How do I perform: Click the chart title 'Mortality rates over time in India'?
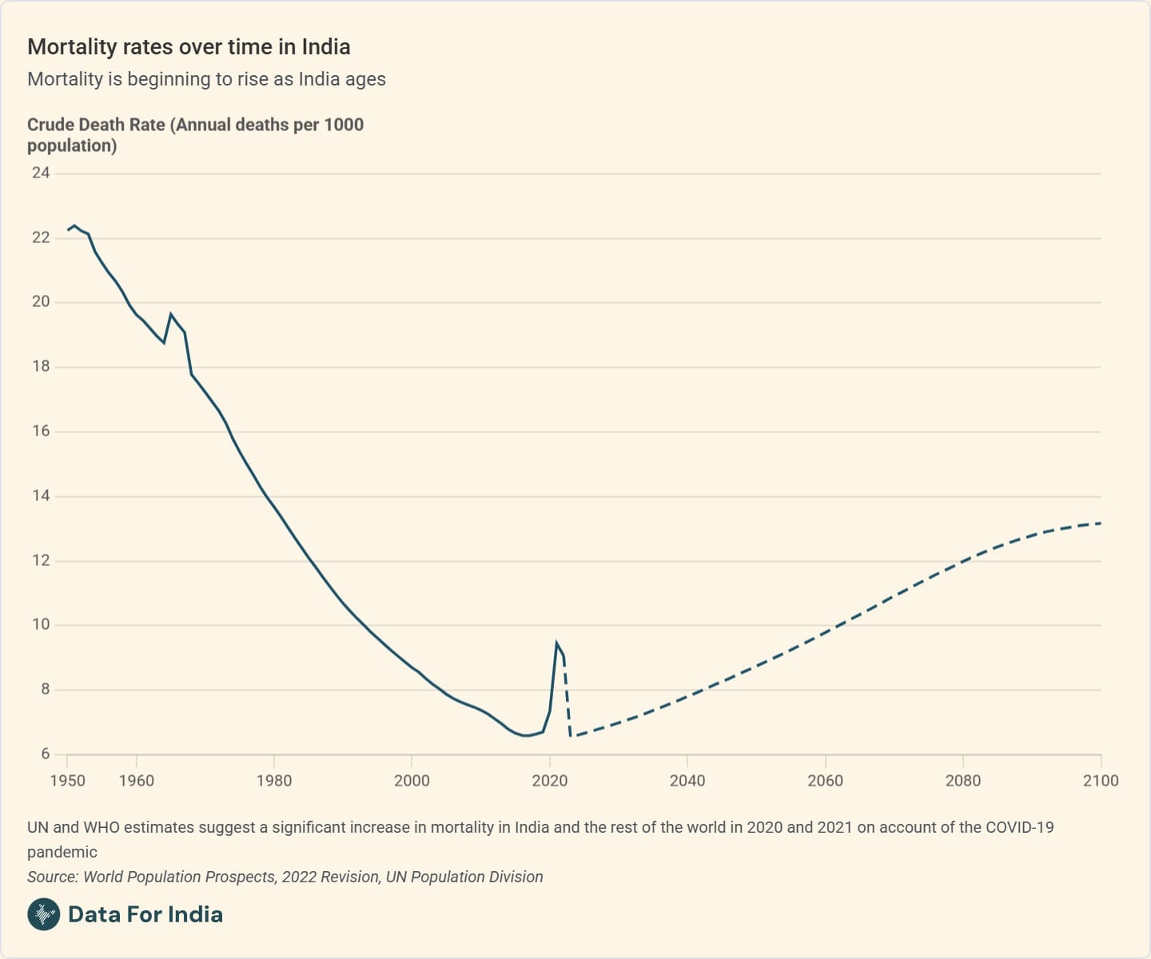[x=189, y=47]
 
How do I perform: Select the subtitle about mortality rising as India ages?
[x=206, y=79]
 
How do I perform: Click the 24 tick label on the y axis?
[x=40, y=173]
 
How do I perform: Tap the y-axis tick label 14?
[x=40, y=495]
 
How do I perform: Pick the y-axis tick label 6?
[x=45, y=754]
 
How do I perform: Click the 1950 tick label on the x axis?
[x=67, y=781]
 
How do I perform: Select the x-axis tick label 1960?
[x=136, y=781]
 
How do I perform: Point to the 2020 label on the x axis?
[x=549, y=781]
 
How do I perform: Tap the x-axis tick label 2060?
[x=825, y=781]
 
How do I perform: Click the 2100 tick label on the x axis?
[x=1100, y=781]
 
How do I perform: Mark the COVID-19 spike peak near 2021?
[x=556, y=643]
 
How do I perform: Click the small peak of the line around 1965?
[x=170, y=314]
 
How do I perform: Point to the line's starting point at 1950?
[x=68, y=230]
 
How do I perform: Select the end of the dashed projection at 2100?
[x=1101, y=523]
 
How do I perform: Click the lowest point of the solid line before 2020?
[x=525, y=735]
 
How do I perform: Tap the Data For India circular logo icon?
[x=43, y=914]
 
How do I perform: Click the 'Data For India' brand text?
[x=145, y=914]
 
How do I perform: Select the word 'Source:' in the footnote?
[x=53, y=877]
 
